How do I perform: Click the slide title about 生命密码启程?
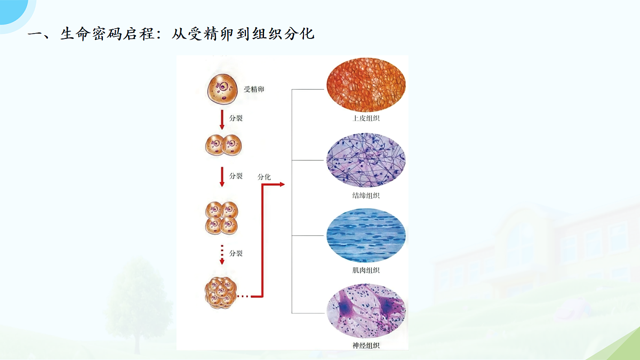coord(171,34)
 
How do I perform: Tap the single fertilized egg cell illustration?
coord(222,89)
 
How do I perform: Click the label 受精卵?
coord(254,89)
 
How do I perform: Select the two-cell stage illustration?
coord(223,145)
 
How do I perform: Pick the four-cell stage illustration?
coord(222,218)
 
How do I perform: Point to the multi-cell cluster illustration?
coord(221,293)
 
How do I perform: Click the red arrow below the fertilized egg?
coord(222,119)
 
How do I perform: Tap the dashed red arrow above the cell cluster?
coord(222,254)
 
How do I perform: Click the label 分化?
coord(264,177)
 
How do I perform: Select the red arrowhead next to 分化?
coord(282,185)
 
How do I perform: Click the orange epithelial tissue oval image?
coord(366,85)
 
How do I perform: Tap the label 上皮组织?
coord(366,118)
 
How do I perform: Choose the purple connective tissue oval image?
coord(366,160)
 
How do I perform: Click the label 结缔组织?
coord(366,195)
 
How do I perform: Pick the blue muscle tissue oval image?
coord(366,235)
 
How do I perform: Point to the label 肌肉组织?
coord(366,270)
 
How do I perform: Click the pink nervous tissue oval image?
coord(366,311)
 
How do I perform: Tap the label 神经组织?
coord(366,346)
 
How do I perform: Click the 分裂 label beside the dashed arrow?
coord(236,253)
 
